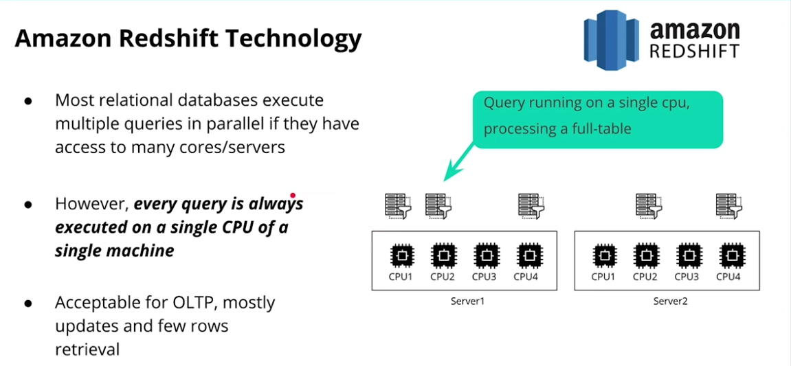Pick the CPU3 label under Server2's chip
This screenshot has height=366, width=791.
[686, 277]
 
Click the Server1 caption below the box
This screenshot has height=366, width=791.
[468, 301]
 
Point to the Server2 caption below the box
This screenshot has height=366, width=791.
[670, 301]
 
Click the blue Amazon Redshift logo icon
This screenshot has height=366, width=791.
[612, 40]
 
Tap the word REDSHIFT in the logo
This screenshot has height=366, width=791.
[694, 52]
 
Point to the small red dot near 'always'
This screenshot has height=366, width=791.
[293, 195]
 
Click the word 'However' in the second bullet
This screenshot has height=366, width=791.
[91, 205]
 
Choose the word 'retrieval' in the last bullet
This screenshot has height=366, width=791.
[87, 349]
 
